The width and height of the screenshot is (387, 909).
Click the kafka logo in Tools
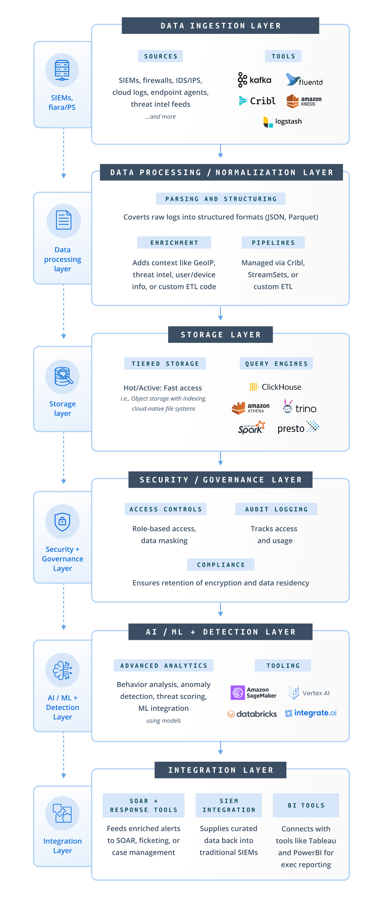(254, 80)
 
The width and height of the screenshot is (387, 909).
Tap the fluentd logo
(304, 80)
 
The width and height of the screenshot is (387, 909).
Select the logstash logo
(282, 121)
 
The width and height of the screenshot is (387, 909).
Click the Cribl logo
(257, 101)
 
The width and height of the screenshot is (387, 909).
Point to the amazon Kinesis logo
(303, 101)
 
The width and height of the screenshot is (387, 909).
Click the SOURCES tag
(160, 56)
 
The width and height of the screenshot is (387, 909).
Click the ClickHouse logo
(275, 387)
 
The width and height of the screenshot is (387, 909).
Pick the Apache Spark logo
(251, 428)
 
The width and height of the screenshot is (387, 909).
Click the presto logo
(298, 428)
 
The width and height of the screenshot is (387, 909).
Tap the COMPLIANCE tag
(221, 564)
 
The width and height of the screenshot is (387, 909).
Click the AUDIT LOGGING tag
(276, 509)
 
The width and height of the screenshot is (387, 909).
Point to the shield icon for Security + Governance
(63, 522)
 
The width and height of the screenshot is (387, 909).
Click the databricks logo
(252, 714)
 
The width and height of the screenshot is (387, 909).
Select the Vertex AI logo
(308, 693)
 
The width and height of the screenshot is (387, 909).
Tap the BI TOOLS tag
(306, 805)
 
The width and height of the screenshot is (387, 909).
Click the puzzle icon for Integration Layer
(63, 813)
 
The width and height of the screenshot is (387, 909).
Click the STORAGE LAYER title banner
(220, 334)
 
